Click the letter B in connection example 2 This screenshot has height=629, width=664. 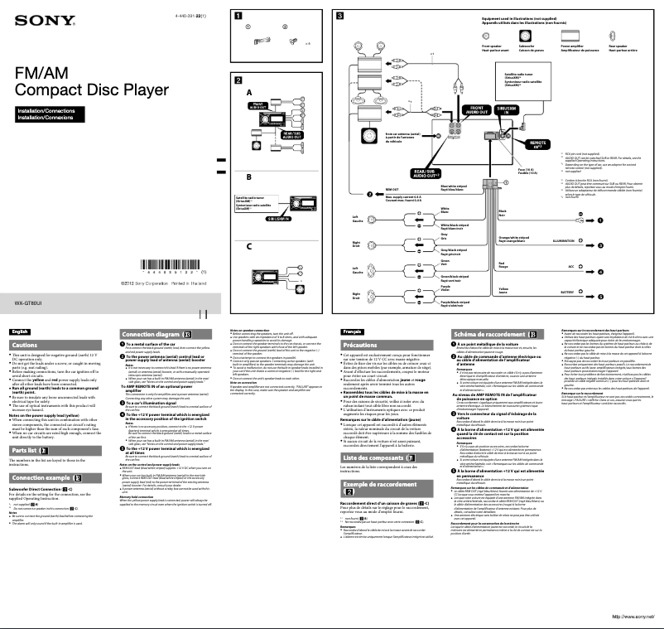coord(248,177)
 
